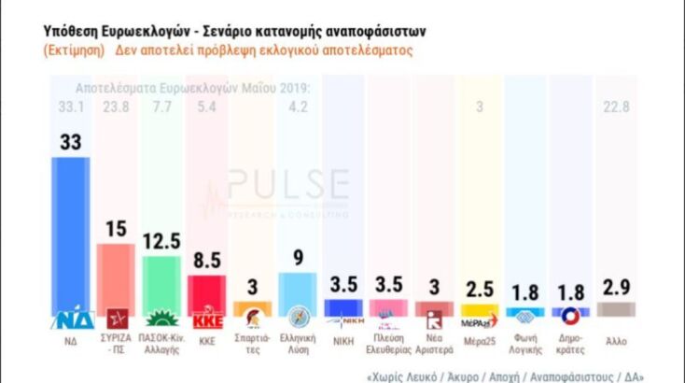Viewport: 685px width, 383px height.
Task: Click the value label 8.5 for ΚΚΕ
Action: [206, 259]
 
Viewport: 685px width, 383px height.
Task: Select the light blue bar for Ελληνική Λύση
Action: [298, 288]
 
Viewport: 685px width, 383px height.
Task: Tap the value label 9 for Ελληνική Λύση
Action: [298, 255]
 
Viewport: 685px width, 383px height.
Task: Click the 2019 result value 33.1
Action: [70, 107]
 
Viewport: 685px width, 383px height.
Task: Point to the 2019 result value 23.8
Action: [116, 107]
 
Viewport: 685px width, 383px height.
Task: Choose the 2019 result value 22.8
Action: [617, 107]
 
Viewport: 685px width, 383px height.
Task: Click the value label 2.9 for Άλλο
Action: [617, 285]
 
